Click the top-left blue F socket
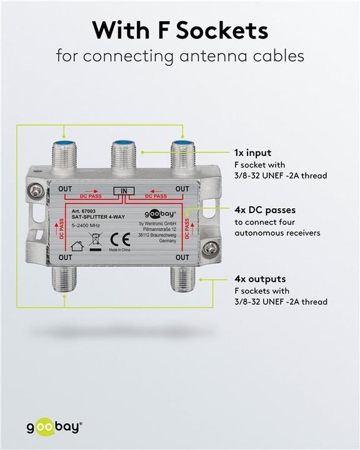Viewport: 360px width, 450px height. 64,152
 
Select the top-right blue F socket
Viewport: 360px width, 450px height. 181,152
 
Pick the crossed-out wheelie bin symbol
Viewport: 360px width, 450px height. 94,238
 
